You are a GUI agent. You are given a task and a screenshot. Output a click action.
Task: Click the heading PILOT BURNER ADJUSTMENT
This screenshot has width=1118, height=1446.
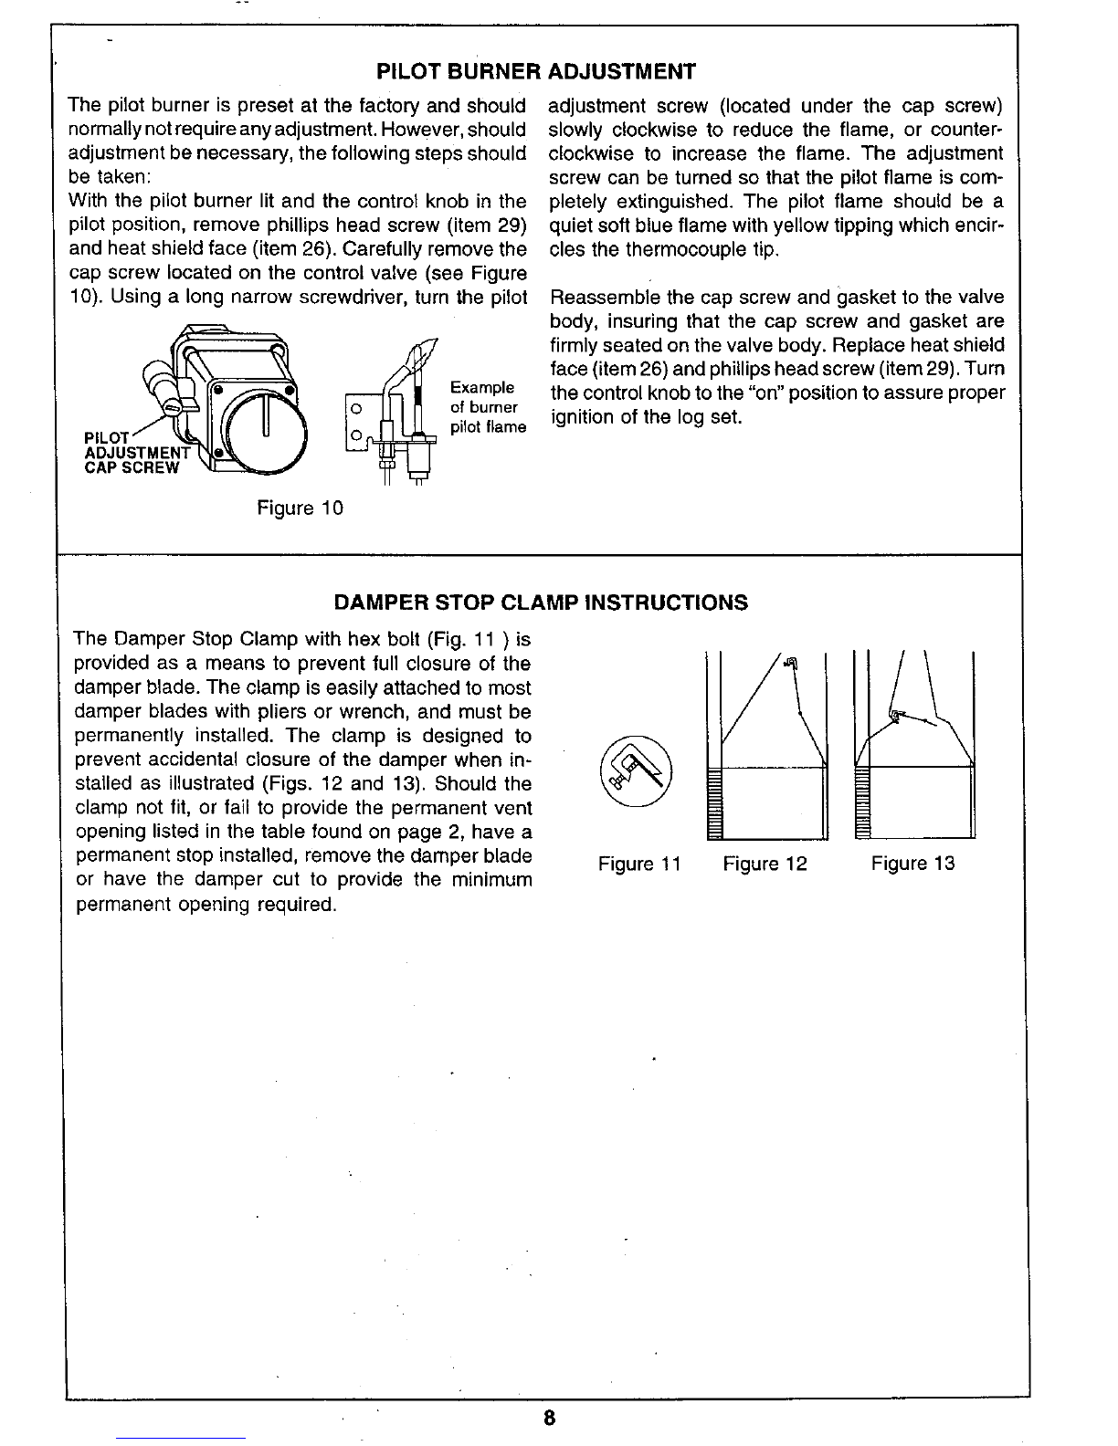tap(536, 71)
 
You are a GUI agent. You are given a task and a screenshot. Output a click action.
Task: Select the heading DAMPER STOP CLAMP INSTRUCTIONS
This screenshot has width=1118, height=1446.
tap(541, 602)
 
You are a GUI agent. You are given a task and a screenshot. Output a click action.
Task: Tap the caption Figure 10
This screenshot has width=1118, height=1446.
tap(300, 508)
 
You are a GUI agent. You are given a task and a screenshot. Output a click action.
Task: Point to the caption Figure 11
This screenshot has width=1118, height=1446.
tap(639, 864)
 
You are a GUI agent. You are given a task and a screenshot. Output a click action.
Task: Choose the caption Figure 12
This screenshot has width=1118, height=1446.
tap(765, 864)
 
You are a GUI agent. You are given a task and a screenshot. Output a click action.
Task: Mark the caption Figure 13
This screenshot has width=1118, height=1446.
tap(912, 864)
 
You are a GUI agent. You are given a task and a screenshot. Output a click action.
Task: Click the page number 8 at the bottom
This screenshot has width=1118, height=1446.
tap(549, 1418)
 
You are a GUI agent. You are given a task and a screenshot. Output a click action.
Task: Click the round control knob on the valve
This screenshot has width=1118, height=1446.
tap(266, 432)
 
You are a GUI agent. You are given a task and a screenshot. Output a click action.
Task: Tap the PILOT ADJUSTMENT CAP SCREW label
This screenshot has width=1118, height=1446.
tap(136, 453)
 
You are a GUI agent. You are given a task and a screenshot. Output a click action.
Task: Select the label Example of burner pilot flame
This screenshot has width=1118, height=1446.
tap(488, 407)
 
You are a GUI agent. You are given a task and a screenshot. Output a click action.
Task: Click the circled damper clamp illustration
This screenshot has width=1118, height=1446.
tap(636, 771)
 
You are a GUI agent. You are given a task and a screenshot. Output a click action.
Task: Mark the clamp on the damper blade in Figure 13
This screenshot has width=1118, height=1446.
tap(896, 716)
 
